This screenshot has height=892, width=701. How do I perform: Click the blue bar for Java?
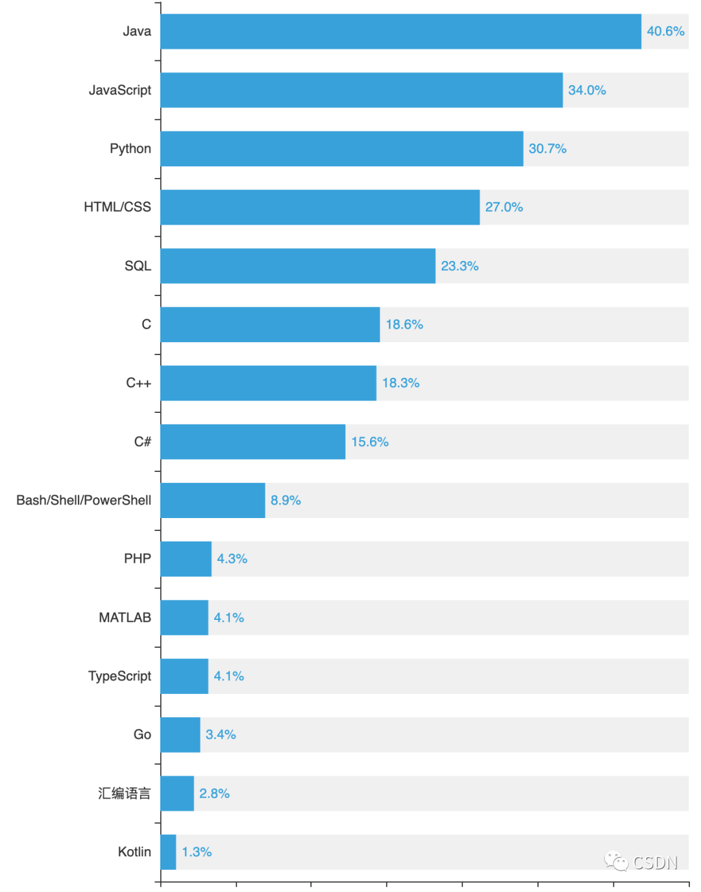click(400, 31)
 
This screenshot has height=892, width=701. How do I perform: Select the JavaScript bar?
click(362, 90)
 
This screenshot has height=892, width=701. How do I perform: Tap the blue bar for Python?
click(341, 149)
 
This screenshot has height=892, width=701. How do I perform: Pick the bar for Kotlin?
click(168, 852)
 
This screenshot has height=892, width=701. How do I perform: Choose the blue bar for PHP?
click(186, 559)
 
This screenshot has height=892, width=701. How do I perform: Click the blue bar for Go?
click(180, 735)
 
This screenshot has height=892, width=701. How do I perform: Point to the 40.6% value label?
click(665, 31)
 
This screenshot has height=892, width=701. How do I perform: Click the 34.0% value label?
click(587, 90)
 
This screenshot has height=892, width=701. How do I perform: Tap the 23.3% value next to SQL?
click(460, 266)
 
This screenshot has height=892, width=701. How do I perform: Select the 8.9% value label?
click(286, 501)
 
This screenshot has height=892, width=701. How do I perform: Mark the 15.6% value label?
click(370, 442)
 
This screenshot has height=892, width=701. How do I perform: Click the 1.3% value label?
click(197, 852)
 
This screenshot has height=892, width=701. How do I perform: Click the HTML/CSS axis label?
click(117, 207)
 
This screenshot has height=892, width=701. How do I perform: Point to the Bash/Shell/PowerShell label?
click(84, 501)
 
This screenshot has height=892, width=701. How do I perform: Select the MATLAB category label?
click(125, 617)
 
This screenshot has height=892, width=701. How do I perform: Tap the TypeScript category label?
click(119, 676)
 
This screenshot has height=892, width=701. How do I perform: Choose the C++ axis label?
click(138, 383)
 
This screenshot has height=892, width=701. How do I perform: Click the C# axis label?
click(142, 442)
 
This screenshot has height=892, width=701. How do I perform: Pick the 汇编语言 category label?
click(124, 793)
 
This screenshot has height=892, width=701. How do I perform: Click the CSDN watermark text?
click(654, 863)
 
